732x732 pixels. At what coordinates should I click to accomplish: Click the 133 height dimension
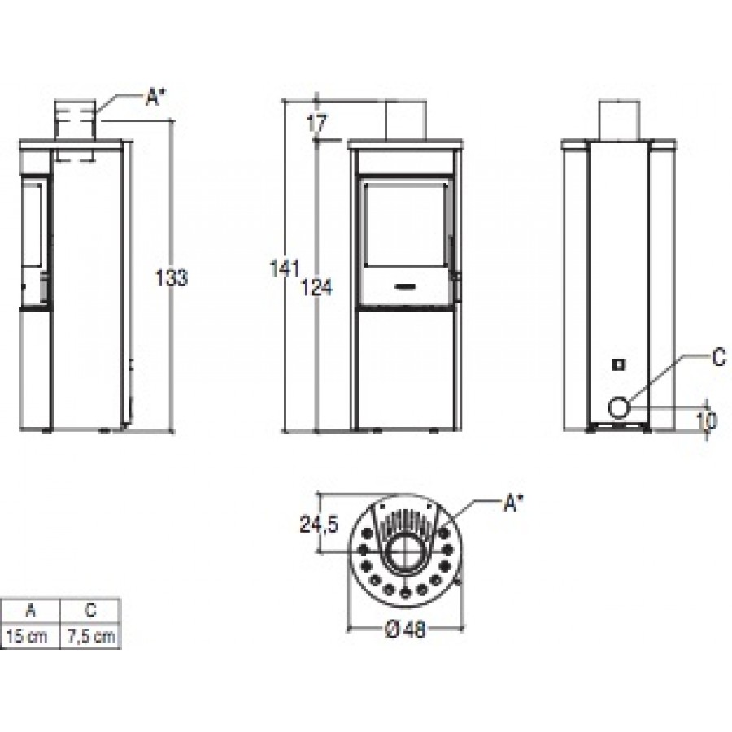[172, 277]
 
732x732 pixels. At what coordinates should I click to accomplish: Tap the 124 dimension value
[317, 285]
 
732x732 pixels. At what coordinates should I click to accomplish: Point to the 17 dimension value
[316, 124]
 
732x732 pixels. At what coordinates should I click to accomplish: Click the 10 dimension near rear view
[706, 420]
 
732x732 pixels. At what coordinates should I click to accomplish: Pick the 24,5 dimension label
[317, 525]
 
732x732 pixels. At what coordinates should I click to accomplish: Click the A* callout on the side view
[155, 98]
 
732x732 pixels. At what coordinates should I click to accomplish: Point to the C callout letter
[718, 359]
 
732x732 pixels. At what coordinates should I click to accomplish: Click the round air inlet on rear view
[620, 407]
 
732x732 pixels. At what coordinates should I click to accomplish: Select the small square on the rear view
[619, 364]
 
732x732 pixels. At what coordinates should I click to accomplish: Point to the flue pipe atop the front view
[405, 121]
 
